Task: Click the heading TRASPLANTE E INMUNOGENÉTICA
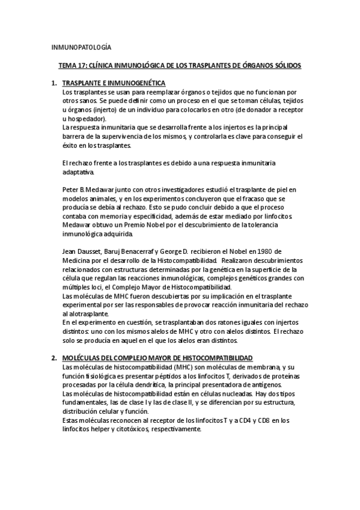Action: point(114,83)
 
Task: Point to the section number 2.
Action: point(54,357)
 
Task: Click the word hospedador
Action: point(85,119)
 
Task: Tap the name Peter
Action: point(71,189)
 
